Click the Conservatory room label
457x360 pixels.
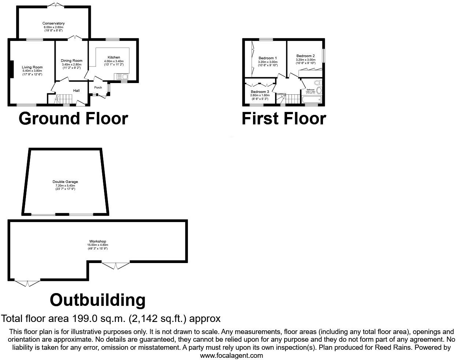[53, 23]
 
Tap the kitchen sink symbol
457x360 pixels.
[120, 76]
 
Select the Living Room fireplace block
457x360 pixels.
[11, 69]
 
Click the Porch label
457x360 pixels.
[98, 87]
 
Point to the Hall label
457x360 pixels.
[76, 91]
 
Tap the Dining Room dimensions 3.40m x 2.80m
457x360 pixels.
[71, 64]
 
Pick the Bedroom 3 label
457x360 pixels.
[260, 91]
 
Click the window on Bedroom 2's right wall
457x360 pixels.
[323, 56]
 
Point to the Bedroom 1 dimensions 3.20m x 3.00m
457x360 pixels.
[268, 62]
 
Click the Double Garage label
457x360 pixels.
[65, 182]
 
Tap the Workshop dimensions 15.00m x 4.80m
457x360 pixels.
[97, 245]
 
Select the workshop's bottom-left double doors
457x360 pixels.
[27, 283]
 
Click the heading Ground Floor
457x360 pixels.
[73, 119]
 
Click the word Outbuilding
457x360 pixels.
[97, 300]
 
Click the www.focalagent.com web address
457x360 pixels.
[231, 355]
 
